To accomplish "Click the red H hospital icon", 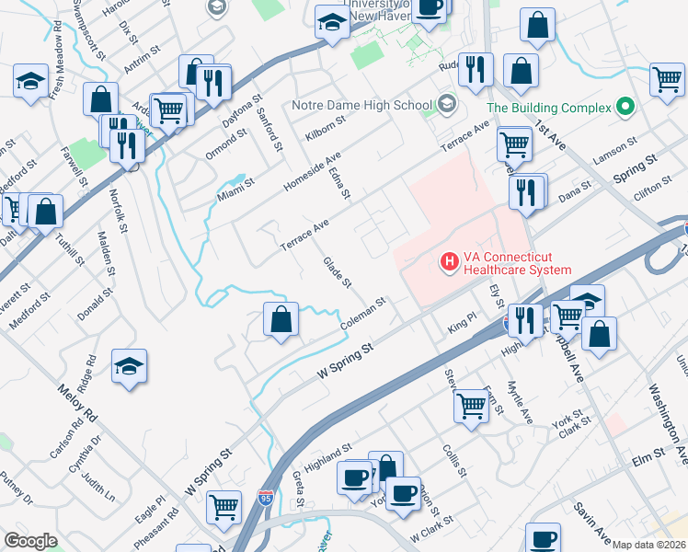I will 450,262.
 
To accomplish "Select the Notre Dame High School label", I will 361,105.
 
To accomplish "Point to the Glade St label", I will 338,272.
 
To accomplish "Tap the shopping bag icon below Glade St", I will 282,320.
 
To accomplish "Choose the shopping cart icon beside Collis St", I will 472,405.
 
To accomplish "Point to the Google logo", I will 30,541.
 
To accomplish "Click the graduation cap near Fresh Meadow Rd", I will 30,80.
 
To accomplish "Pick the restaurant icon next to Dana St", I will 525,192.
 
